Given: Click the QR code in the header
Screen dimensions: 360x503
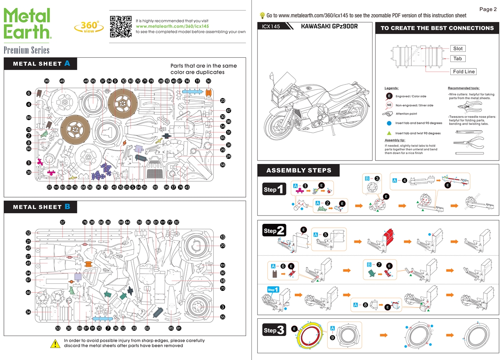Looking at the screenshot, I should tap(120, 26).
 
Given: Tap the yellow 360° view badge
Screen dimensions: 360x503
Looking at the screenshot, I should tap(89, 27).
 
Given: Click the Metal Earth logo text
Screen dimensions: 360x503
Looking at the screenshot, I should tap(27, 23).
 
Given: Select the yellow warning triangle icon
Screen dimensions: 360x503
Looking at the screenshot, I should tap(55, 343).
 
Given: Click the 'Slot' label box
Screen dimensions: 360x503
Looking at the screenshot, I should tap(458, 49).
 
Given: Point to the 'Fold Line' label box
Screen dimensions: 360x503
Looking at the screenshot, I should tap(464, 71).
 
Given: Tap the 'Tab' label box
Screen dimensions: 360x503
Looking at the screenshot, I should tap(457, 58).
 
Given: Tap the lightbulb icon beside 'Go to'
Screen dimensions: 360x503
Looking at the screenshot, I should tap(262, 15).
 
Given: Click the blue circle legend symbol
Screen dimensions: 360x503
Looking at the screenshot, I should tap(389, 123).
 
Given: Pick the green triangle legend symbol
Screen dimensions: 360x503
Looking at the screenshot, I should tap(389, 133).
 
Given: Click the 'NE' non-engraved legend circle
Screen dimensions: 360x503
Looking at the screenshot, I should tap(389, 105).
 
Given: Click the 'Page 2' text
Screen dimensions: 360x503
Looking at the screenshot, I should tap(488, 9).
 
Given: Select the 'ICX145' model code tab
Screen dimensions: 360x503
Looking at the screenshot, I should tap(272, 27).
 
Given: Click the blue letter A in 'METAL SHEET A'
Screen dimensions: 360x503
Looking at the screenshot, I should tap(67, 63).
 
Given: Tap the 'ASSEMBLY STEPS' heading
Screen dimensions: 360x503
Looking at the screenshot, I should tap(299, 170).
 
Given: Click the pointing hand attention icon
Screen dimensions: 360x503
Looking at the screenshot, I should tap(388, 114).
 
